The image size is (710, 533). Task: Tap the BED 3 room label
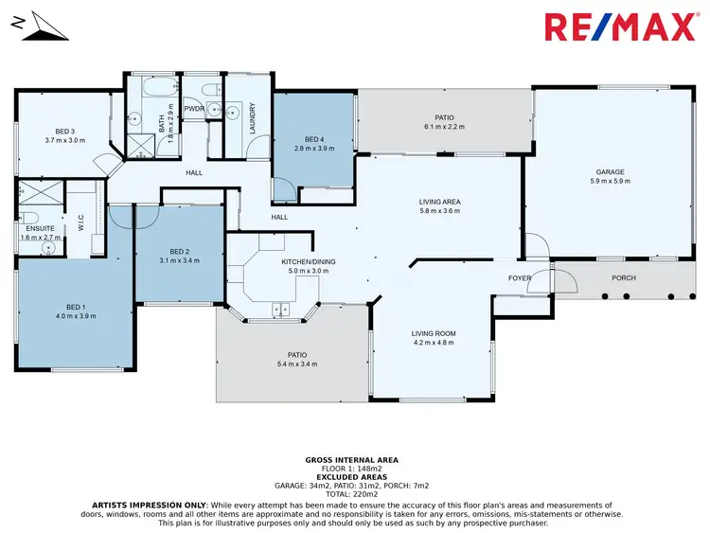(64, 131)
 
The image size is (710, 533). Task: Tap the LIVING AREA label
(439, 202)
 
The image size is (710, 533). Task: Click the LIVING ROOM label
(434, 333)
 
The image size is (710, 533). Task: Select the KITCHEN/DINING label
(308, 261)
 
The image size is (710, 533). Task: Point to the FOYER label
(520, 278)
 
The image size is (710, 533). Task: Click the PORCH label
(623, 277)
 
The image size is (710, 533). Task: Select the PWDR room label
(195, 109)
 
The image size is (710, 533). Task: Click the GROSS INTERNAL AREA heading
(351, 459)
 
